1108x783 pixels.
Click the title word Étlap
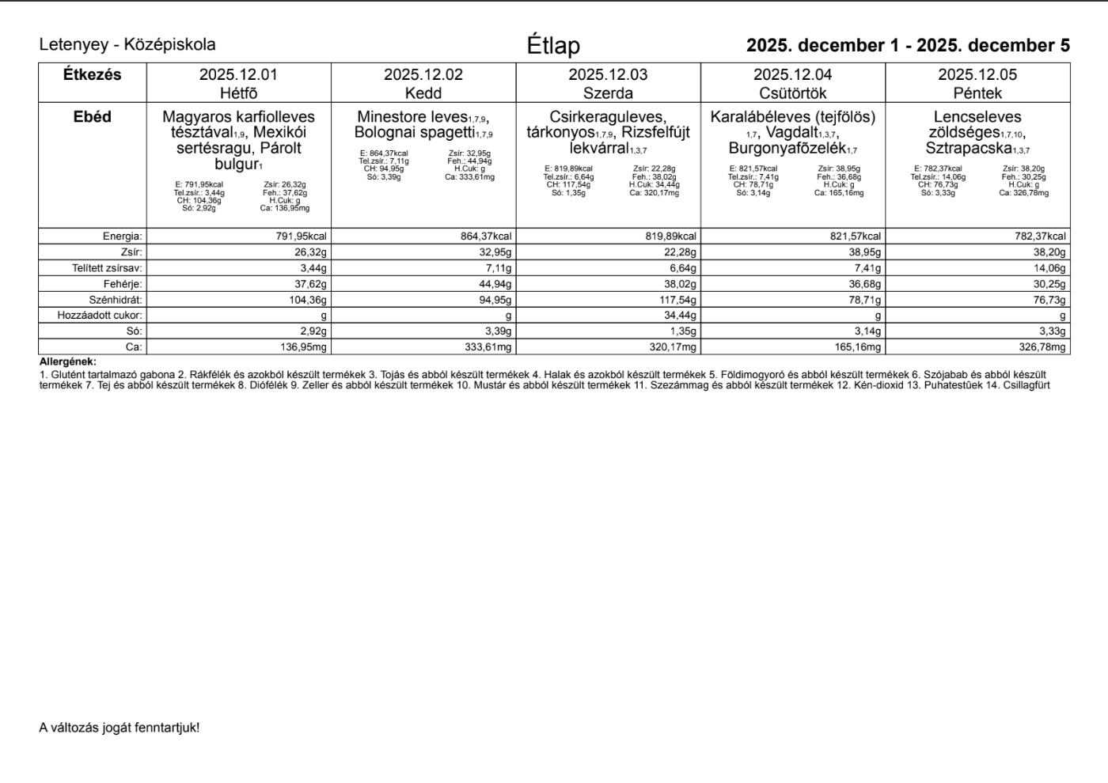pos(553,46)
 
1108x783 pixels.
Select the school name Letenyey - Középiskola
pos(127,45)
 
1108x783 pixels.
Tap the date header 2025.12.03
pos(608,75)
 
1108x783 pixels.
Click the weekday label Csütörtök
pos(792,93)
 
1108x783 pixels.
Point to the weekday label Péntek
pos(977,93)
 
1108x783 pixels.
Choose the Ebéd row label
pos(92,117)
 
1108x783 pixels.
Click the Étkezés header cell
pos(92,75)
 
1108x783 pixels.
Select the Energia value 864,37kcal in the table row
pos(486,236)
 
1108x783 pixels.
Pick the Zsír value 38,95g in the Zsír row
pos(864,252)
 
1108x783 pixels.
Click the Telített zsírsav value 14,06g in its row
pos(1049,268)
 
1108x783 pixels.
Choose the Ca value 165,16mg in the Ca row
pos(856,347)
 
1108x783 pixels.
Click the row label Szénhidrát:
pos(116,300)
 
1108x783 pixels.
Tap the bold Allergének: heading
pos(67,361)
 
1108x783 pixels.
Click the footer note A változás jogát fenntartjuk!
pos(120,728)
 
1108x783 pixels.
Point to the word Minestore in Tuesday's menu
pos(390,117)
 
